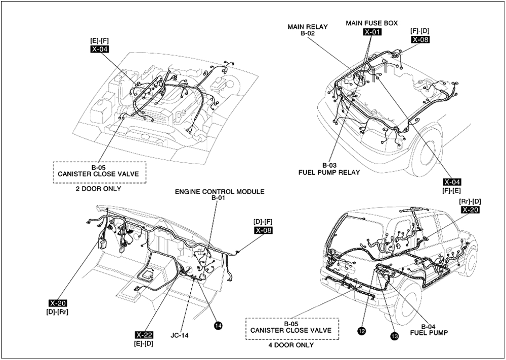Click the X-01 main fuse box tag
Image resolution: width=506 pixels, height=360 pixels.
click(372, 32)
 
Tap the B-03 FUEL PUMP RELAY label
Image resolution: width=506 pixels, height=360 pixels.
click(329, 169)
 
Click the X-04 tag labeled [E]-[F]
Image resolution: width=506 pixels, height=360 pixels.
click(99, 49)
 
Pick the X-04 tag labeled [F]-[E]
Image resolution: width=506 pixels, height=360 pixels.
click(452, 182)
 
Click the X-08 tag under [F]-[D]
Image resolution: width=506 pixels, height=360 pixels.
click(420, 39)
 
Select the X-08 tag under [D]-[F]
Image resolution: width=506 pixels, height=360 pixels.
click(263, 230)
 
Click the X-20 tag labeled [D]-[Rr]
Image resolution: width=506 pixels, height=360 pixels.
click(58, 303)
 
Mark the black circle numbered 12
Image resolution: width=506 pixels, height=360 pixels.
click(361, 331)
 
